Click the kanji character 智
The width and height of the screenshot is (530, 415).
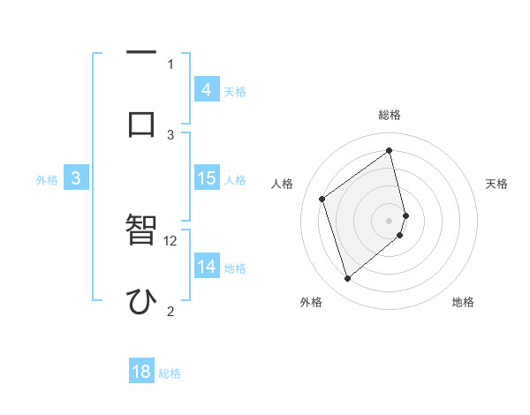[x=142, y=232]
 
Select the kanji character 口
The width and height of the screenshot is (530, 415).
[x=142, y=123]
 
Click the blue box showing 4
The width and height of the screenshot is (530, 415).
[x=207, y=89]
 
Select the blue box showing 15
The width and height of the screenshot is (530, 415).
[x=207, y=178]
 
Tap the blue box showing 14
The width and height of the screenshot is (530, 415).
[x=207, y=267]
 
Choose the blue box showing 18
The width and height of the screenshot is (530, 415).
[x=141, y=372]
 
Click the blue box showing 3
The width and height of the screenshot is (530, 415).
[x=76, y=178]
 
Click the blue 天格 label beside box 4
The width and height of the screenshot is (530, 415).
[x=235, y=91]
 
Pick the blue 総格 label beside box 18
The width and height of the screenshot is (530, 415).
[x=170, y=373]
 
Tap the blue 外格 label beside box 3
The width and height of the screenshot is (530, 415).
[x=47, y=180]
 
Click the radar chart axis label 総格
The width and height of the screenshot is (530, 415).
[x=390, y=115]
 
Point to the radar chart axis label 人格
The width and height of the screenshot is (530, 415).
[x=283, y=184]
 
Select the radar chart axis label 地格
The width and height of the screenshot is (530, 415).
[x=463, y=302]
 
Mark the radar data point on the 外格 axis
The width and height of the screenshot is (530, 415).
[x=347, y=279]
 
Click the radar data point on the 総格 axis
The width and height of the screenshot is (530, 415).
[x=390, y=150]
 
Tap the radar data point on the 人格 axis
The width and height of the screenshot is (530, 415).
[x=322, y=199]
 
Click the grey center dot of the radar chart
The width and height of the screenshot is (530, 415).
[x=390, y=220]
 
